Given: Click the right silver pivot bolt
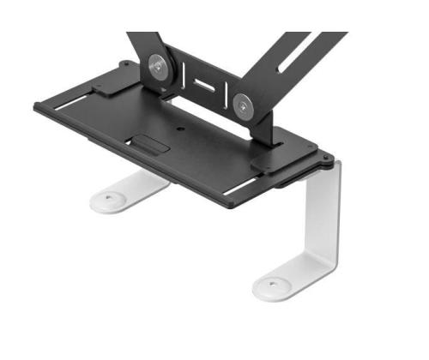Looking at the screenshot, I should [x=244, y=104].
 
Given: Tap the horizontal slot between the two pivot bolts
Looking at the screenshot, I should [x=205, y=86].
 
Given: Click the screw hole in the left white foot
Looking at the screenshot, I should [x=110, y=199].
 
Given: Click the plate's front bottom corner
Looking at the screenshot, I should [x=230, y=206].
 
